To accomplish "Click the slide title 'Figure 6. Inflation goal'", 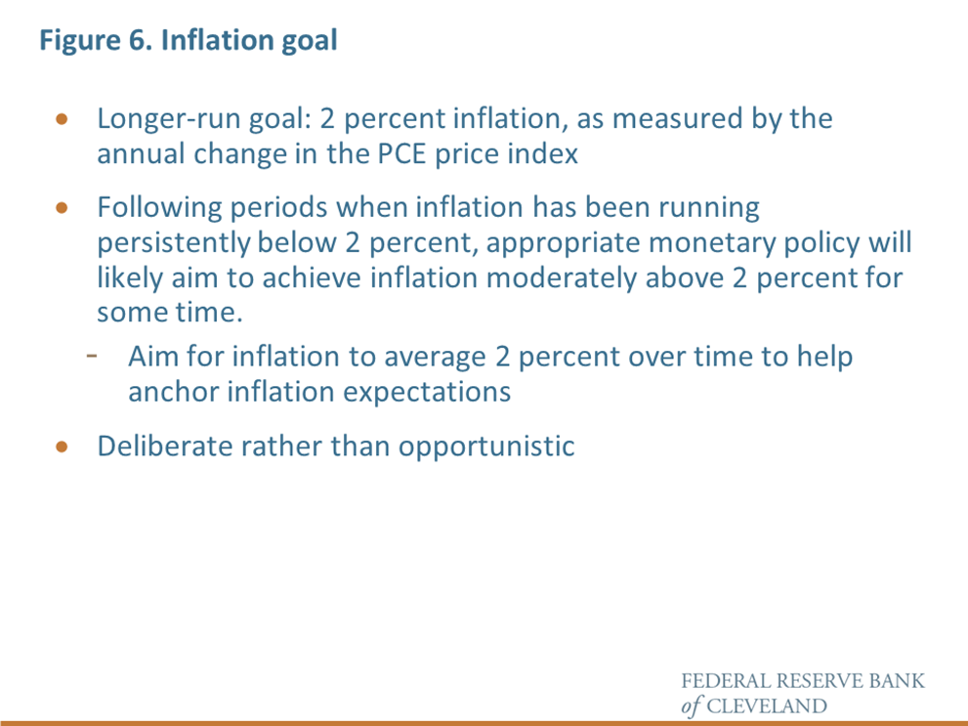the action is pyautogui.click(x=189, y=41).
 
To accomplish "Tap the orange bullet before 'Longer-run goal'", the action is pyautogui.click(x=62, y=118).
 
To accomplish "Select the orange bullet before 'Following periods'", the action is pyautogui.click(x=62, y=207).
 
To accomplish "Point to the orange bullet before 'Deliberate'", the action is pyautogui.click(x=62, y=447).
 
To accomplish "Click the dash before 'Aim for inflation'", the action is pyautogui.click(x=92, y=356).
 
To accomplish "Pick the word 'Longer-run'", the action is pyautogui.click(x=169, y=120).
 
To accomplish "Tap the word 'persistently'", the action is pyautogui.click(x=174, y=243).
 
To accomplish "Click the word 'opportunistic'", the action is pyautogui.click(x=486, y=447).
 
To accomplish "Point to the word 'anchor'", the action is pyautogui.click(x=174, y=392).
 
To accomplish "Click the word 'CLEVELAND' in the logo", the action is pyautogui.click(x=766, y=705).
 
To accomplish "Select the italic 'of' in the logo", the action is pyautogui.click(x=692, y=705).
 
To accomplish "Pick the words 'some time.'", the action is pyautogui.click(x=170, y=313).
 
